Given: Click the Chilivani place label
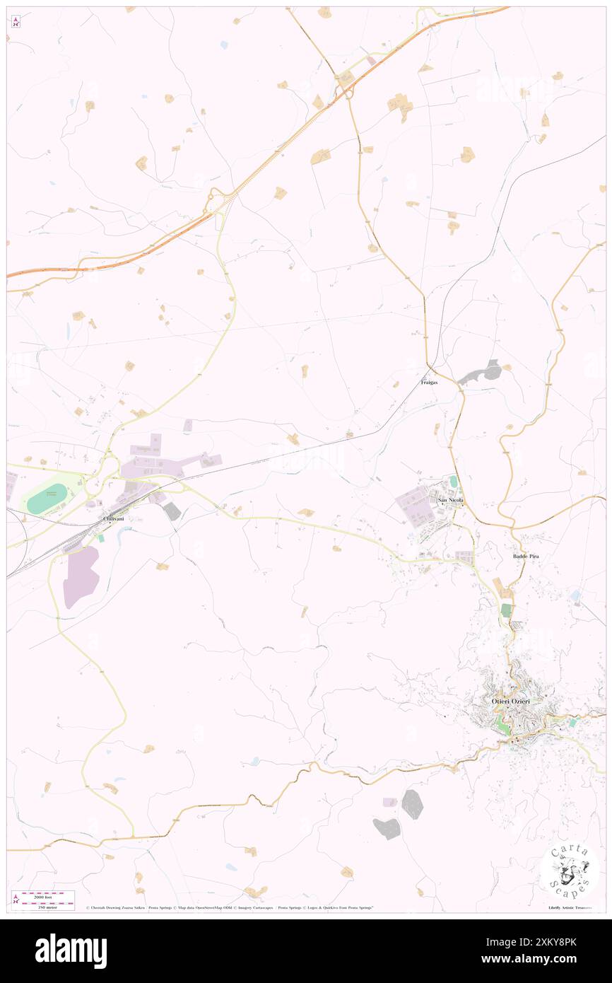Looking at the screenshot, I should [113, 519].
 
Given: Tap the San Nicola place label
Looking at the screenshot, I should [452, 501].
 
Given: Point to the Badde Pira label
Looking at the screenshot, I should [526, 557].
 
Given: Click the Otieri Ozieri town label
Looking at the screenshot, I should [510, 701].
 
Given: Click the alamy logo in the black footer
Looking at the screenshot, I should [71, 950].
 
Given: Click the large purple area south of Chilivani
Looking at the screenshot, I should [81, 576].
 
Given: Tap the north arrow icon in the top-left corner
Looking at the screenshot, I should [16, 21].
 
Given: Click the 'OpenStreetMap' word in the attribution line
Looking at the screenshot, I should [206, 907].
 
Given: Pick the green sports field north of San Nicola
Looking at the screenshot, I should [453, 482].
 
